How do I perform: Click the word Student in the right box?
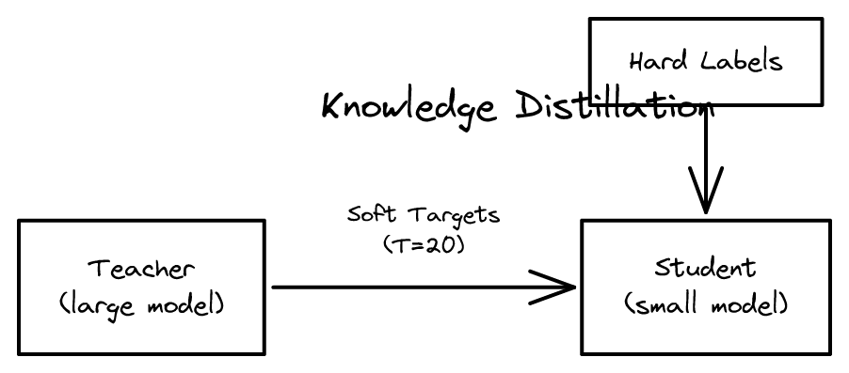(x=705, y=268)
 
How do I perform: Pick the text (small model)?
(x=705, y=305)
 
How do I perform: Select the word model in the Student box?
(x=749, y=305)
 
